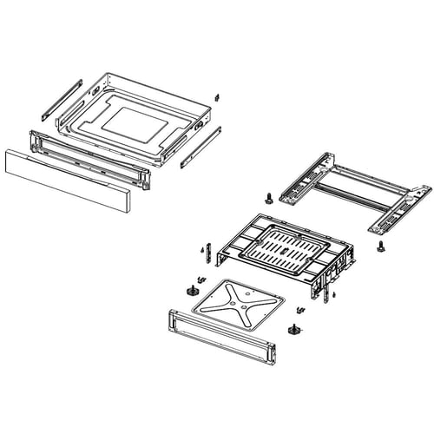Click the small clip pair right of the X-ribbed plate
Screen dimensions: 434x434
pos(300,310)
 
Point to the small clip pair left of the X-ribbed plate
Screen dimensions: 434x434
pos(198,279)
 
